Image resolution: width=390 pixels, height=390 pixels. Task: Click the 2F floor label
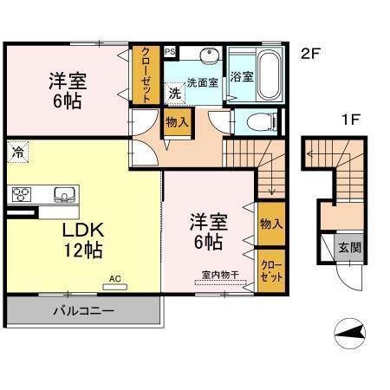coord(311,54)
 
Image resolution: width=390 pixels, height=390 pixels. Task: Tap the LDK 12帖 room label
coord(82,241)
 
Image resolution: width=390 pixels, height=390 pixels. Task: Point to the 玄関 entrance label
coord(350,247)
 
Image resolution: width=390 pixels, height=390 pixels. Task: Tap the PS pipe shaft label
coord(170,50)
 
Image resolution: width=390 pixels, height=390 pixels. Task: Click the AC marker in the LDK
coord(115,279)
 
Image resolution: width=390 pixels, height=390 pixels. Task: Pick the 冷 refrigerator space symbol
coord(18,153)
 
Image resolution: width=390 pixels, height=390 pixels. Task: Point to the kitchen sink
coord(63,193)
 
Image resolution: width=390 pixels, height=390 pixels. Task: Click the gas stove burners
coord(21,194)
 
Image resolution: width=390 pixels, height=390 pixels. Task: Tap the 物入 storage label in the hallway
coord(177,122)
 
